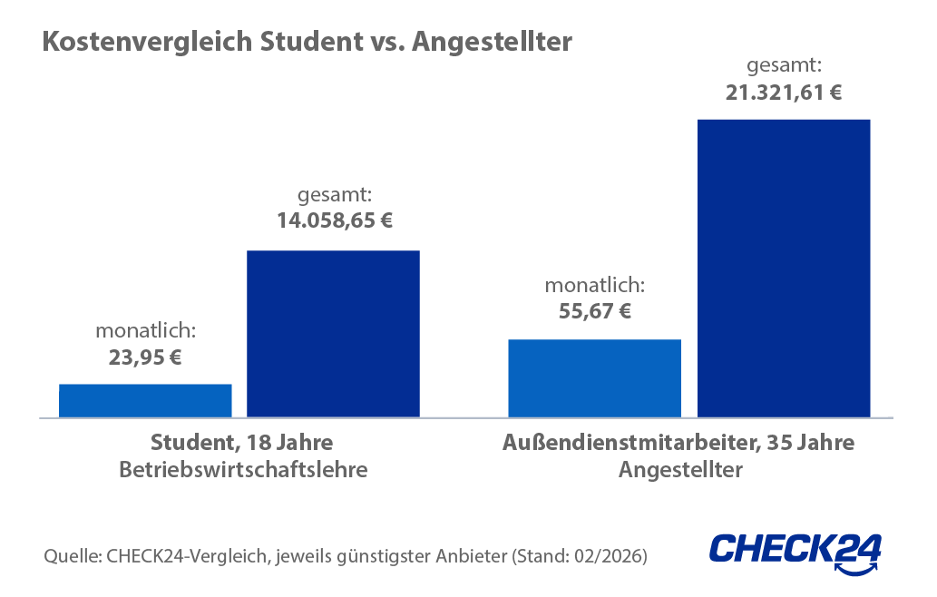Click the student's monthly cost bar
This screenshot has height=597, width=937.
click(145, 400)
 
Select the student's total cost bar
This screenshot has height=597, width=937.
click(334, 333)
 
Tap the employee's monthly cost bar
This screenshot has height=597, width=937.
click(594, 377)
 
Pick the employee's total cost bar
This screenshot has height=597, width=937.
click(783, 268)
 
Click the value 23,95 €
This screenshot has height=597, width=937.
click(145, 357)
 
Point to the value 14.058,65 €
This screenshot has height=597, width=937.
click(334, 220)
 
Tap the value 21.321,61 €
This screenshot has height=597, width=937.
click(783, 91)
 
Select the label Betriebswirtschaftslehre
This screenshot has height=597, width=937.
click(243, 471)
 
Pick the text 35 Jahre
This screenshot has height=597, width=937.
click(810, 445)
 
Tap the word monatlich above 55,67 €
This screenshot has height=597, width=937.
click(594, 286)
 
